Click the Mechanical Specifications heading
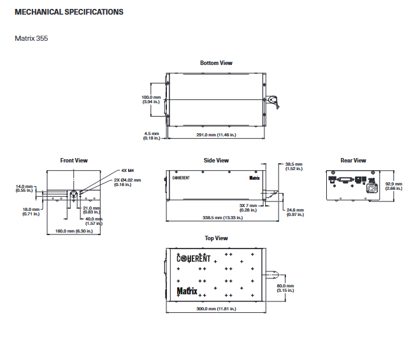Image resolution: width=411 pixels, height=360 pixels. (x=69, y=12)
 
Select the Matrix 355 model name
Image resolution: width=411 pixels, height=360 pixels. (x=31, y=38)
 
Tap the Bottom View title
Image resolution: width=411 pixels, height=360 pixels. (x=216, y=63)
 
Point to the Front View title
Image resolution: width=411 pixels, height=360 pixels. (x=74, y=161)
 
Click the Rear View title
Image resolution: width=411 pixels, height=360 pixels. (x=353, y=161)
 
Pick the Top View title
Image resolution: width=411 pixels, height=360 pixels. (x=216, y=238)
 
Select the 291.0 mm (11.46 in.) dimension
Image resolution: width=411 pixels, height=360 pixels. (x=216, y=135)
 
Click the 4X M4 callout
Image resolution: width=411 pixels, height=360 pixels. (x=127, y=171)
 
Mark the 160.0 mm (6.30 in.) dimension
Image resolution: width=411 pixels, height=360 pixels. (x=74, y=231)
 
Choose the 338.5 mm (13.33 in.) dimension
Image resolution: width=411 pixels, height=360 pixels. (x=222, y=218)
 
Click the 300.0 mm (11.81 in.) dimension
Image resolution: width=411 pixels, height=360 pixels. (x=216, y=309)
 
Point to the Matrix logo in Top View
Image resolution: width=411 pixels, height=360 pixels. (x=187, y=291)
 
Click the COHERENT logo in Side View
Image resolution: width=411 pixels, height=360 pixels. (x=181, y=178)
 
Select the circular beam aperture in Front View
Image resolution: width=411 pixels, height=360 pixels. (x=74, y=194)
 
